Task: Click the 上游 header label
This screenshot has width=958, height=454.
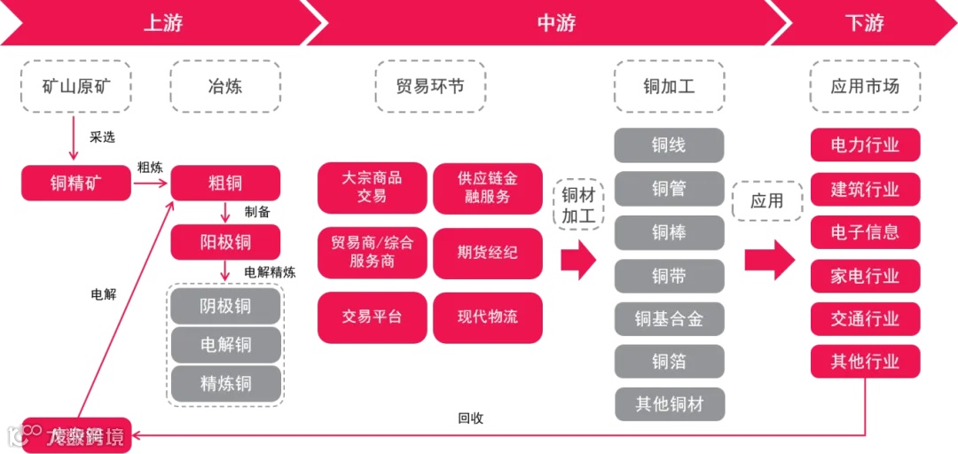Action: click(162, 23)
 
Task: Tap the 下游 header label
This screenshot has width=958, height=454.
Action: click(864, 23)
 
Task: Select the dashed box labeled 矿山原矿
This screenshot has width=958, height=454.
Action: click(75, 86)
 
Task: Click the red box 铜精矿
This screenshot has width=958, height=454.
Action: click(75, 184)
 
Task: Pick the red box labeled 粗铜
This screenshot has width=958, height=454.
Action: click(225, 184)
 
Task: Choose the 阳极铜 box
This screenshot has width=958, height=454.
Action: click(225, 241)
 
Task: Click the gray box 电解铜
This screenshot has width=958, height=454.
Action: click(225, 345)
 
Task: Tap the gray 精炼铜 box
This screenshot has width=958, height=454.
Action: click(225, 384)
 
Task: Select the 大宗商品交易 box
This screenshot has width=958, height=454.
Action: click(372, 187)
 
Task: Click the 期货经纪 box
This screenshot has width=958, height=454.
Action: click(487, 253)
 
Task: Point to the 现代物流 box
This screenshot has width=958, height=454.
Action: click(487, 317)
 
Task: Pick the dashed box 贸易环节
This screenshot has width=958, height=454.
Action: click(430, 86)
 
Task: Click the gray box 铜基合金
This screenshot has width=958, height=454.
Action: click(669, 318)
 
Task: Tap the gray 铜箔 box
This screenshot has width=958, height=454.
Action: click(669, 361)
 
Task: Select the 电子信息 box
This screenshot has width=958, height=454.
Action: click(865, 232)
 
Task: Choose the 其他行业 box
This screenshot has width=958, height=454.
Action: click(865, 362)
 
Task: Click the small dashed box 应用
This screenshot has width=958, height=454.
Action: click(766, 201)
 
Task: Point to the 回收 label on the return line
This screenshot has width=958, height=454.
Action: click(470, 419)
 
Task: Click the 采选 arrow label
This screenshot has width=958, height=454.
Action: click(102, 137)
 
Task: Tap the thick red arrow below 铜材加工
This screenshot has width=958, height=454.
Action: click(579, 260)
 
